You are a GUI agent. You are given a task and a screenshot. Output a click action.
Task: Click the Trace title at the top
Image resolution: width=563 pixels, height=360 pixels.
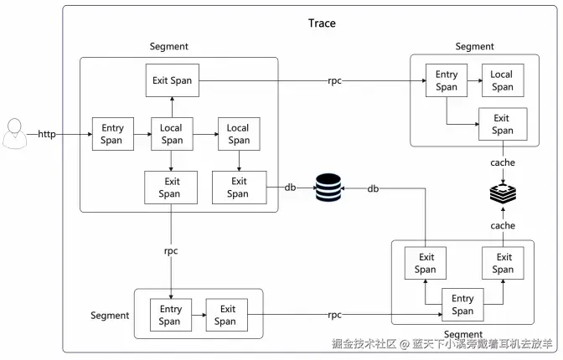pyautogui.click(x=322, y=23)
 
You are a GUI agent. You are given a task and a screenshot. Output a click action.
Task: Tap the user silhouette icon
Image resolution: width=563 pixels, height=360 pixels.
pyautogui.click(x=14, y=134)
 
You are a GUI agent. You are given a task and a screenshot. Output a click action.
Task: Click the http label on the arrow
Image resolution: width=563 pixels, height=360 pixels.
pyautogui.click(x=47, y=134)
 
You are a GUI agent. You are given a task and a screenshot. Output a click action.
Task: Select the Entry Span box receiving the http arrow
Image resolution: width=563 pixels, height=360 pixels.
pyautogui.click(x=112, y=134)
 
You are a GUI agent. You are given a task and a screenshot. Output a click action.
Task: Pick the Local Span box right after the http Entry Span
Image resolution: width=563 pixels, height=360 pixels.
pyautogui.click(x=171, y=134)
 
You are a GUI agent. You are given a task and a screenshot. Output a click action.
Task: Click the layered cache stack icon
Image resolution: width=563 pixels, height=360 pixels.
pyautogui.click(x=503, y=195)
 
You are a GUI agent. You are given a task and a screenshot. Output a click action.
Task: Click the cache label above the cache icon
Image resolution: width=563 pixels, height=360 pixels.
pyautogui.click(x=503, y=162)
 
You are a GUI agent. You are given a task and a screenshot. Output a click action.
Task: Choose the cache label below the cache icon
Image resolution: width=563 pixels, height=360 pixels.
pyautogui.click(x=503, y=225)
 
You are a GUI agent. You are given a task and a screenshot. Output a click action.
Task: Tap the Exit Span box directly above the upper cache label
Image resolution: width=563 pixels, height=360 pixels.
pyautogui.click(x=503, y=124)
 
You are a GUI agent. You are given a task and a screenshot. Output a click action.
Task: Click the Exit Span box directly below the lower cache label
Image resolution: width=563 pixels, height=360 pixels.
pyautogui.click(x=503, y=263)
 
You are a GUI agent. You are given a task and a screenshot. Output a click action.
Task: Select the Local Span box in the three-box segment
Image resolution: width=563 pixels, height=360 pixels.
pyautogui.click(x=502, y=80)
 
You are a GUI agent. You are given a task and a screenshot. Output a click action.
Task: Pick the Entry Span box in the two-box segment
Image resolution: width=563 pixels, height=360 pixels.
pyautogui.click(x=169, y=315)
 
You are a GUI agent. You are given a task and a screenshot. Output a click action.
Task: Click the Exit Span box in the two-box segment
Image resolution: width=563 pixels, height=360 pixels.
pyautogui.click(x=225, y=315)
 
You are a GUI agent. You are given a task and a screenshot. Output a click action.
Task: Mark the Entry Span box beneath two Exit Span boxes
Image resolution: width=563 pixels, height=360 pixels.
pyautogui.click(x=462, y=305)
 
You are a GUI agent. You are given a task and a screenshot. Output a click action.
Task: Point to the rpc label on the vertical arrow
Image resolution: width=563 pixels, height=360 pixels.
pyautogui.click(x=171, y=250)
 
